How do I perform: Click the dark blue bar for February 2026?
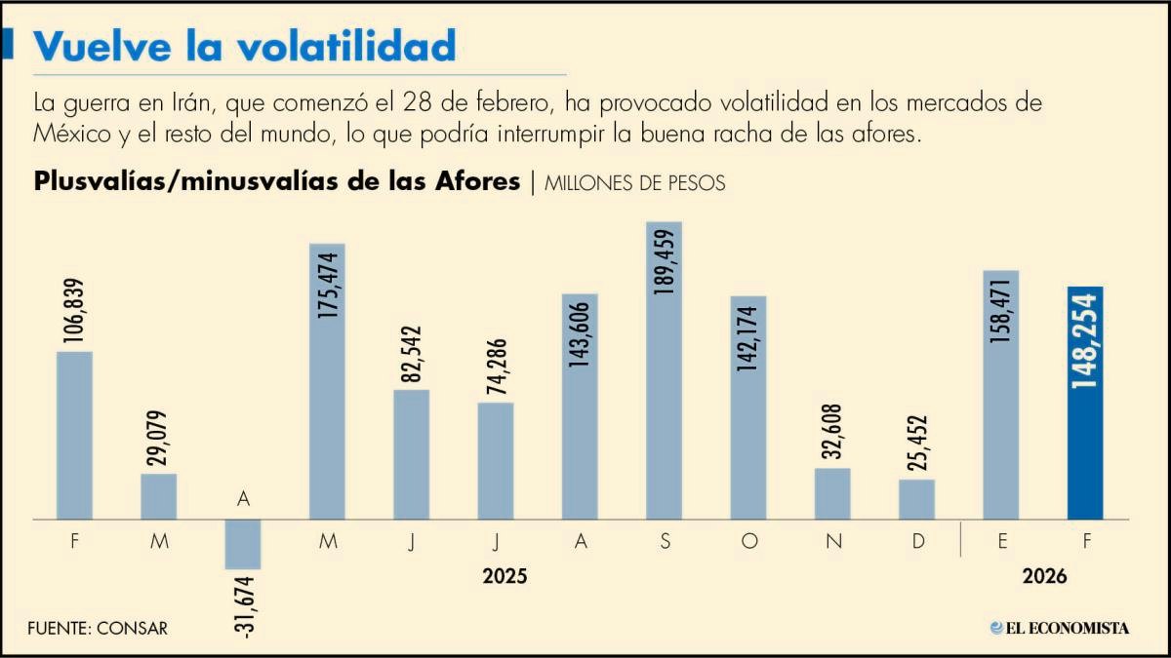point(1085,403)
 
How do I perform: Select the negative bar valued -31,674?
point(243,544)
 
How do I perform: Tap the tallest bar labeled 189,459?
point(664,370)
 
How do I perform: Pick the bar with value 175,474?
point(327,381)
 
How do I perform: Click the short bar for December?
point(917,499)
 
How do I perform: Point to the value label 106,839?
point(74,311)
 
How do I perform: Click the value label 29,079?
point(157,438)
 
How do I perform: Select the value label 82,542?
point(411,354)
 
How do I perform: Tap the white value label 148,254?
point(1085,341)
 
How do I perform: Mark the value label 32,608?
point(832,431)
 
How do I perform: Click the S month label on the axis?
point(665,541)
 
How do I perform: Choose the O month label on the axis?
point(749,541)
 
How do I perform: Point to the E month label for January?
point(1002,541)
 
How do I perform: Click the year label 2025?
point(505,576)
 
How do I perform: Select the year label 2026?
point(1044,576)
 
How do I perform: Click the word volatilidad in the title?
point(346,46)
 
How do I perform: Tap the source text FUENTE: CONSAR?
point(98,628)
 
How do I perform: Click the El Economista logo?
point(1060,628)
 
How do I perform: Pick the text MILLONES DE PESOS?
point(634,183)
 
